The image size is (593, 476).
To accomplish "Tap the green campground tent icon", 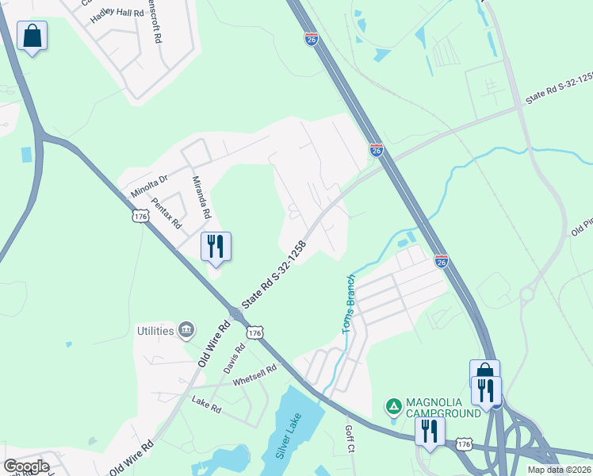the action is tap(392, 407).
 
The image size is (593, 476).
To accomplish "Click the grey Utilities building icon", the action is tap(186, 328).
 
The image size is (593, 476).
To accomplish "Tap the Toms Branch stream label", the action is tap(348, 304).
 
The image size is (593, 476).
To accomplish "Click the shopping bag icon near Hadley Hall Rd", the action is tap(32, 36).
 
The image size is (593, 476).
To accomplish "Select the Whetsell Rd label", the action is tap(254, 375).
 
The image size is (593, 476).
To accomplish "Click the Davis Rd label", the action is tap(234, 359).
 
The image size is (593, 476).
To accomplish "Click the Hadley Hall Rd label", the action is tap(117, 13).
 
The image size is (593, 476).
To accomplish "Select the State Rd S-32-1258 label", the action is tap(274, 275).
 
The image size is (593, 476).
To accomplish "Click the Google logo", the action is tap(26, 466).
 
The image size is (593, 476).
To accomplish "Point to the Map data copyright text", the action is tap(559, 470).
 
